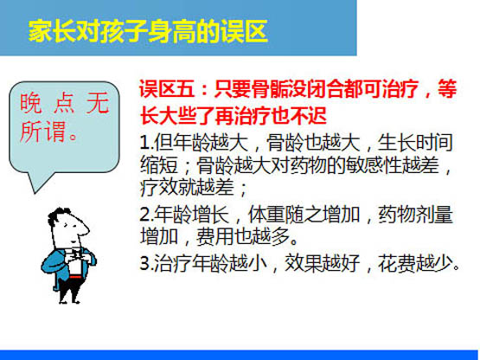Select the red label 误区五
point(167,89)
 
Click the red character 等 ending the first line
point(447,89)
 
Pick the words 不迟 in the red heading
point(308,116)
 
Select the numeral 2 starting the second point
point(144,215)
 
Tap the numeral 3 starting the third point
point(144,263)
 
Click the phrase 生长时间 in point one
point(415,143)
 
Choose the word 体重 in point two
point(266,214)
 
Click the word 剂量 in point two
point(434,214)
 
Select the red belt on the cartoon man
point(75,277)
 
